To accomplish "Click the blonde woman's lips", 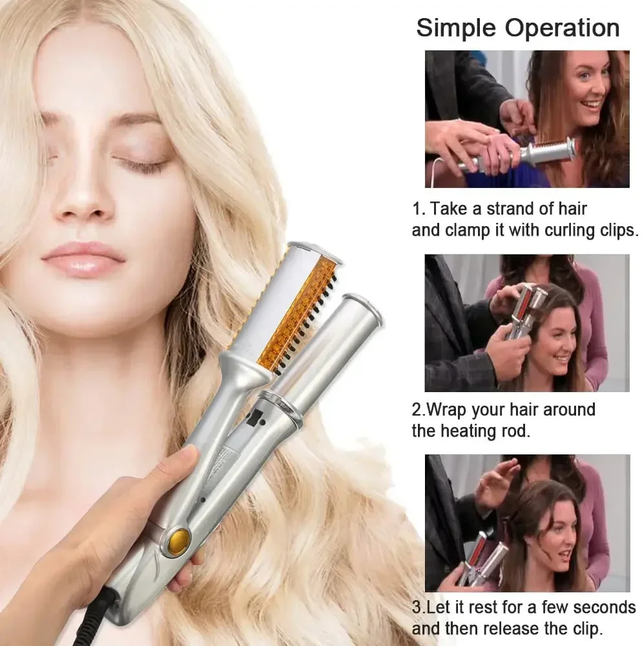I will click(x=83, y=258).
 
